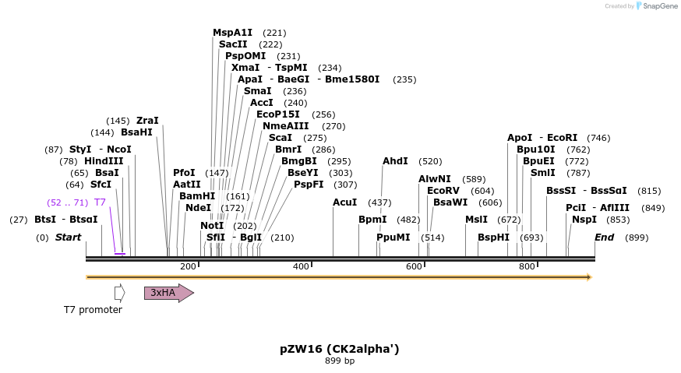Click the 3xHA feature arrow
pos(168,293)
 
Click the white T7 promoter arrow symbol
pos(119,293)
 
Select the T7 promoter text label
pos(93,310)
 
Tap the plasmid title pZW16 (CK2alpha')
pos(340,349)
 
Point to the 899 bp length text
pos(340,361)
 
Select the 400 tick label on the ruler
pos(301,266)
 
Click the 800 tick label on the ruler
pos(527,266)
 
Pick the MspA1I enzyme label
pos(232,33)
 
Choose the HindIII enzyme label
pos(104,161)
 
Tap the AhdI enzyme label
pos(395,161)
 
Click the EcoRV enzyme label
pos(443,191)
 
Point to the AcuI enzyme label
pos(344,202)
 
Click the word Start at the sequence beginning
pos(68,238)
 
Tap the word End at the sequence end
pos(605,238)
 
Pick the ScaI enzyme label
pos(281,138)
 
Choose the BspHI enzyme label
pos(493,238)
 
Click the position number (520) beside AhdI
pos(430,161)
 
